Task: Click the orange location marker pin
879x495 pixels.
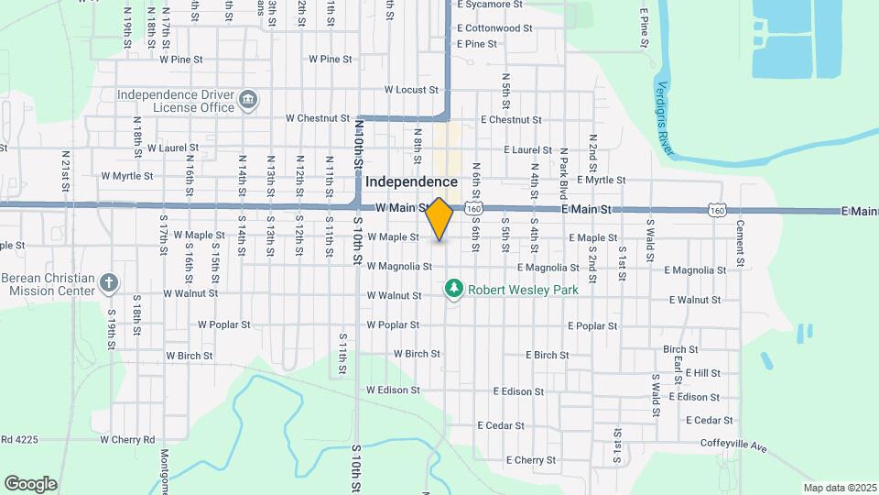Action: click(439, 219)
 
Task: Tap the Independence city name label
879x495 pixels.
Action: click(411, 182)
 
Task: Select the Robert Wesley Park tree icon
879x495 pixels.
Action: click(453, 289)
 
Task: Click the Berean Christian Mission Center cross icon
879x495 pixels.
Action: click(108, 281)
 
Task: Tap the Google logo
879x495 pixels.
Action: click(30, 483)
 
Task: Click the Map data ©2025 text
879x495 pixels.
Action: click(840, 488)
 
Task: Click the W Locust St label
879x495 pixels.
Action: click(412, 90)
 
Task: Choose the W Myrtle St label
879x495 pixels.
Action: click(128, 175)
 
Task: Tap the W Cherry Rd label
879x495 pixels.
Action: click(127, 439)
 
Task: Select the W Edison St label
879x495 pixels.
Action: click(393, 390)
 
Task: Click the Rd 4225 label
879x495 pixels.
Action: click(19, 439)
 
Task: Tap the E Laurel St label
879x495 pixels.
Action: click(528, 150)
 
